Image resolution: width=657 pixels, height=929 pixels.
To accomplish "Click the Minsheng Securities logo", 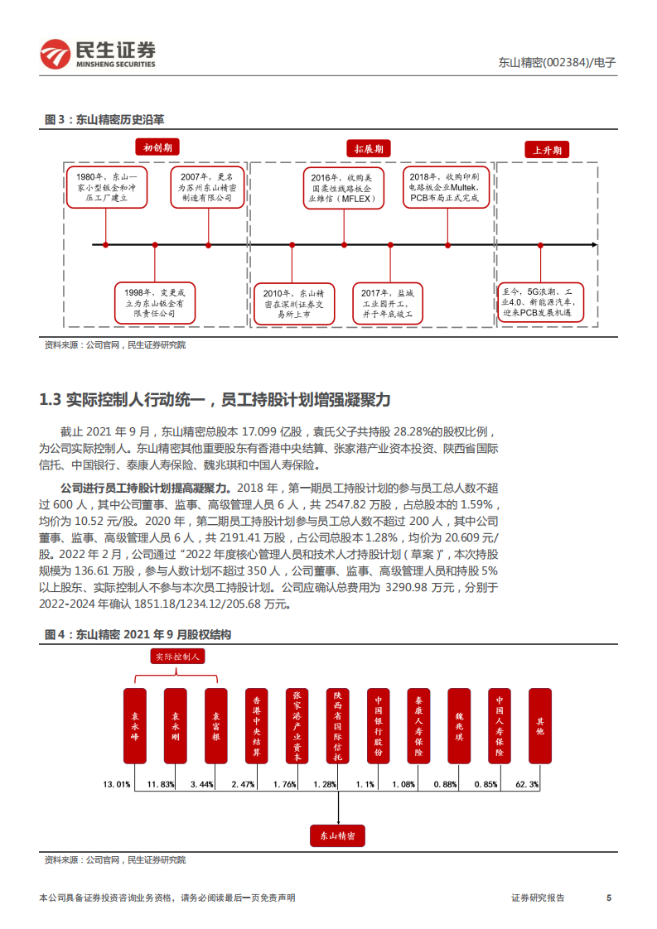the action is pos(98,54).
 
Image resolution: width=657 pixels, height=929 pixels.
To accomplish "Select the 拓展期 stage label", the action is pos(369,149).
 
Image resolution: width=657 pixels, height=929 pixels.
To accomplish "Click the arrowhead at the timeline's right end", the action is pos(593,245).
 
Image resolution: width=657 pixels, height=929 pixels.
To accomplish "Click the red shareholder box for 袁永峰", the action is pos(135,725).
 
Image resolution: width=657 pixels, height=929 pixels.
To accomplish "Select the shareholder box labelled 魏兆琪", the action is pos(459,725).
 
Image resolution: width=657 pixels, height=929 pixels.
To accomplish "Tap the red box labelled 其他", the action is pos(540,725).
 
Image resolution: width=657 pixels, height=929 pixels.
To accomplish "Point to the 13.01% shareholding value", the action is pos(116,783).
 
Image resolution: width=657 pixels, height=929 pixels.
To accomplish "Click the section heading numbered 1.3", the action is pos(215,400).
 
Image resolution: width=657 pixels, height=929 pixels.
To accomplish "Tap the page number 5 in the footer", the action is pos(609,898).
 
